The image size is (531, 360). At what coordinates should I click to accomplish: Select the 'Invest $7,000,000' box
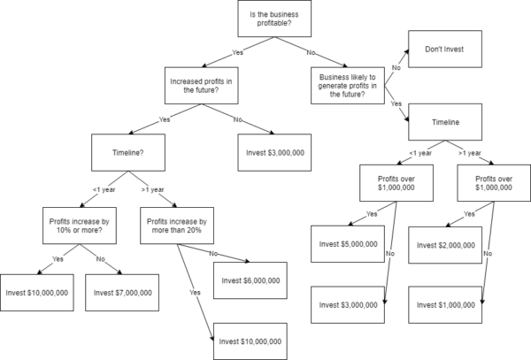coord(120,292)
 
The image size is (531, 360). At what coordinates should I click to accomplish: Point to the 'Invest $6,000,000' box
coord(248,280)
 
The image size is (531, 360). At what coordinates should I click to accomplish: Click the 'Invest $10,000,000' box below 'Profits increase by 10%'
coord(37,292)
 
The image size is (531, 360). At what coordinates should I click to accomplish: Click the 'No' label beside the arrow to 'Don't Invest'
coord(395,65)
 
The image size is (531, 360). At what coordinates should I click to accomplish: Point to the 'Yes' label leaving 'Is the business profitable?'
coord(237,52)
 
